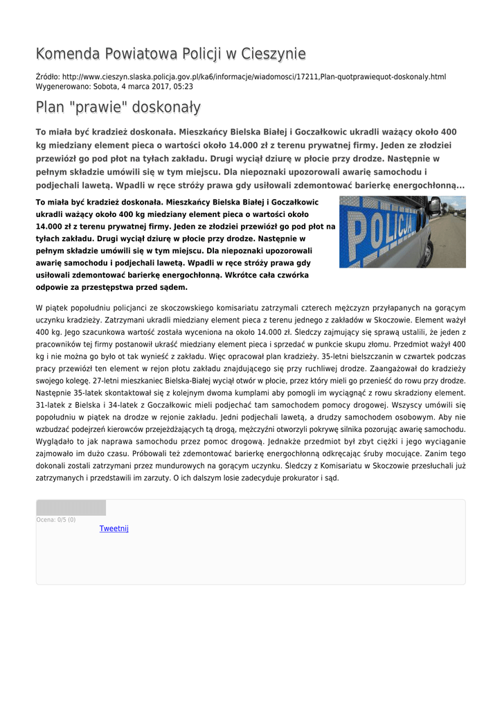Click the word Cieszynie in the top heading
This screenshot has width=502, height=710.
(x=271, y=54)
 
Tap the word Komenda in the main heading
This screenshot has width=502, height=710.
(x=67, y=54)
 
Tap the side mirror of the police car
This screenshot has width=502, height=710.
(x=434, y=205)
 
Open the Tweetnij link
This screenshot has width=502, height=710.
(x=114, y=528)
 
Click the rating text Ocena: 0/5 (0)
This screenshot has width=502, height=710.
(x=56, y=519)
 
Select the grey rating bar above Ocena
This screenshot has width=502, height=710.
(x=71, y=508)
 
